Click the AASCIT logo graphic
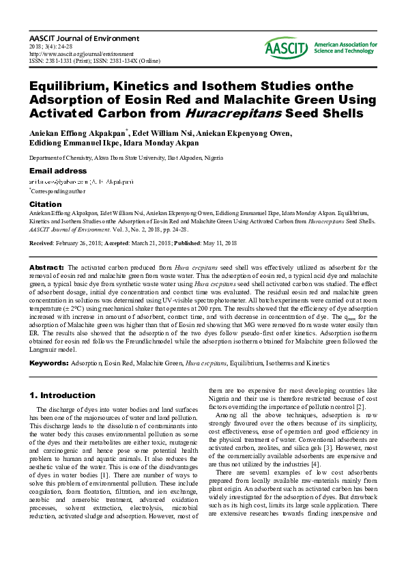(287, 47)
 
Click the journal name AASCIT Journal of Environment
(84, 39)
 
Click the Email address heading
(58, 171)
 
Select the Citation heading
(46, 204)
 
